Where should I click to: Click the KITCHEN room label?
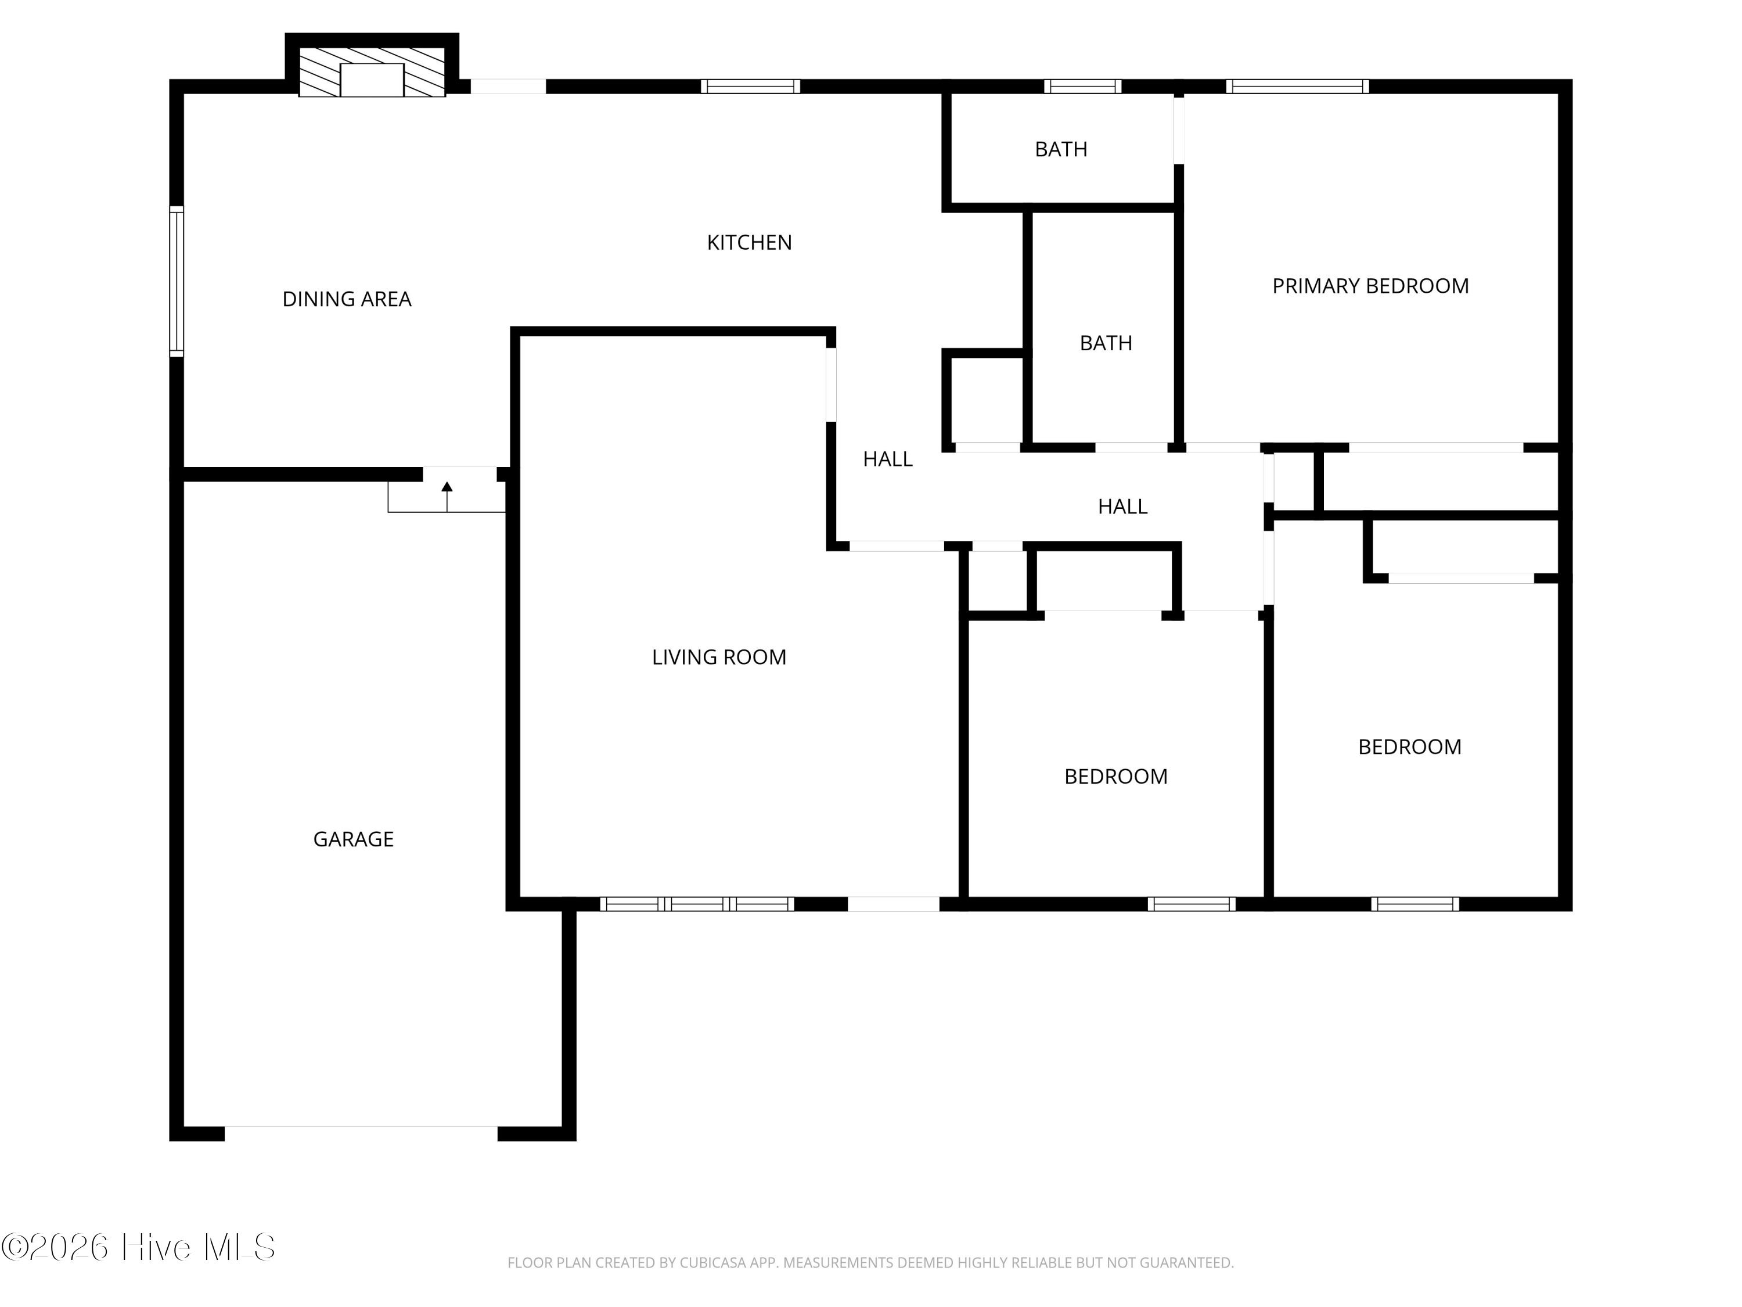point(749,243)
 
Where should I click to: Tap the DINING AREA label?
point(347,299)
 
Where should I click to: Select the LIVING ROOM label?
point(719,657)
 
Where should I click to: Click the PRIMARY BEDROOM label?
point(1370,286)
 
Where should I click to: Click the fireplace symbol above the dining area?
point(372,71)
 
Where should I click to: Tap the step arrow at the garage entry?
point(447,496)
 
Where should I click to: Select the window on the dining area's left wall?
point(177,281)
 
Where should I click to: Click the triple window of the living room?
point(697,904)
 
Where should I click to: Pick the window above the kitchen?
point(750,87)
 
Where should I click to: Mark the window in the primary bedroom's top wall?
point(1297,87)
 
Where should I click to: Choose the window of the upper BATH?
point(1083,87)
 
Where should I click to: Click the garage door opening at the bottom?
point(362,1134)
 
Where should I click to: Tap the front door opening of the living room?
point(893,904)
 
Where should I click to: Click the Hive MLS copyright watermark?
point(139,1247)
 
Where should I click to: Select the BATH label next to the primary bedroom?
point(1106,343)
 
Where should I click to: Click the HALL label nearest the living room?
point(887,459)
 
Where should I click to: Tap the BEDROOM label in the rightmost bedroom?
point(1410,747)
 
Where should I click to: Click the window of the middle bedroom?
point(1192,904)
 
